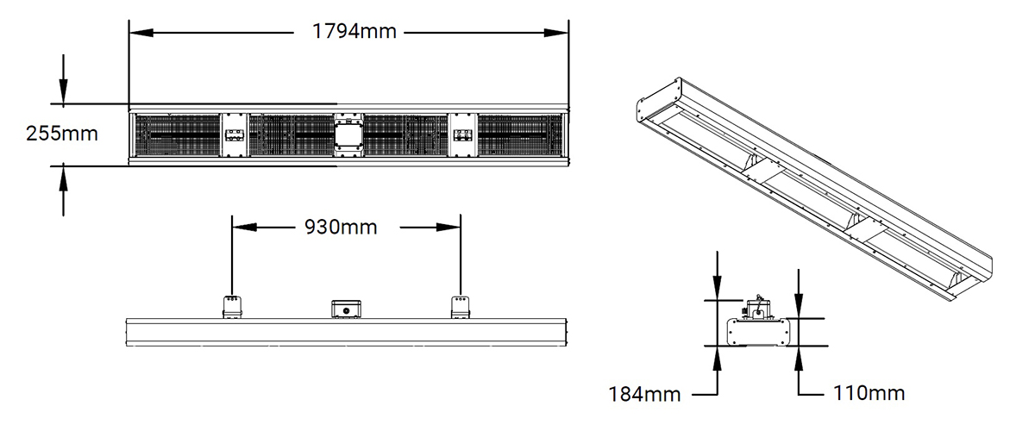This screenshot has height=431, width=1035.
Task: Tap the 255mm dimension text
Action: [61, 134]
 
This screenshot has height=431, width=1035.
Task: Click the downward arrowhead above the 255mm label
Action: [63, 93]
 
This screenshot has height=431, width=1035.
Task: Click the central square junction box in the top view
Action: [349, 135]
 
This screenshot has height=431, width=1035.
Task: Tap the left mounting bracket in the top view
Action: [235, 135]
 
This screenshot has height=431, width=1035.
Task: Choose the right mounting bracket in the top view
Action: [463, 135]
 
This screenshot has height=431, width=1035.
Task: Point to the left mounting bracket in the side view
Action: [233, 306]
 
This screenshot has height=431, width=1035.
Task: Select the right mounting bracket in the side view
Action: [461, 306]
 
